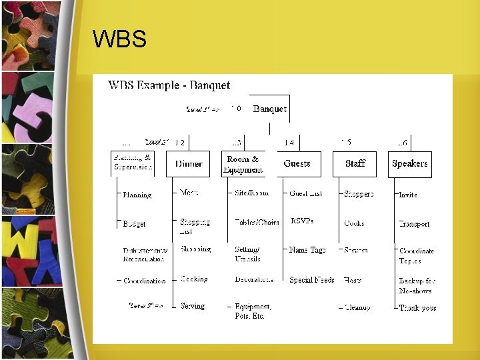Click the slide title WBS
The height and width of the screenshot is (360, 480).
[x=120, y=39]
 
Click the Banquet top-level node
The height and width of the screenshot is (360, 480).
[x=270, y=109]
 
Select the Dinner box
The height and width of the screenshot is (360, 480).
[x=189, y=164]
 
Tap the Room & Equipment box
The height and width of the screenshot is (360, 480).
[x=243, y=164]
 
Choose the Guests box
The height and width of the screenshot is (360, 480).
[x=297, y=163]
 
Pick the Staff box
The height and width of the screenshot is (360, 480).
[x=355, y=164]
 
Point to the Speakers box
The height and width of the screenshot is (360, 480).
[x=409, y=164]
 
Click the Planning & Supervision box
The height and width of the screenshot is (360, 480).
[x=133, y=163]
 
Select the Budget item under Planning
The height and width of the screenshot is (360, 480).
[x=134, y=224]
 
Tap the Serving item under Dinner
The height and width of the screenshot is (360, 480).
[x=193, y=306]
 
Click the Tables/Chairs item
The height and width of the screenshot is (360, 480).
[x=257, y=222]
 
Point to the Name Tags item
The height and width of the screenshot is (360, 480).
[x=307, y=250]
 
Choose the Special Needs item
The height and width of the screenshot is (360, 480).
[x=312, y=280]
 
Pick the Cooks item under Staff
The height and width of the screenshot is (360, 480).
[x=354, y=223]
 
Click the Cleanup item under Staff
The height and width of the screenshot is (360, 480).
[x=358, y=307]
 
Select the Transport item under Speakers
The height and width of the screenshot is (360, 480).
[x=414, y=224]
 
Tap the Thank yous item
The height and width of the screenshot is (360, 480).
[x=417, y=308]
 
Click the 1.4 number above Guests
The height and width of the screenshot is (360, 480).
[x=289, y=143]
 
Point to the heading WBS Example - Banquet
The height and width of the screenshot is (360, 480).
[x=169, y=85]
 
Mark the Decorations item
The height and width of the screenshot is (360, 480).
[x=254, y=279]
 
